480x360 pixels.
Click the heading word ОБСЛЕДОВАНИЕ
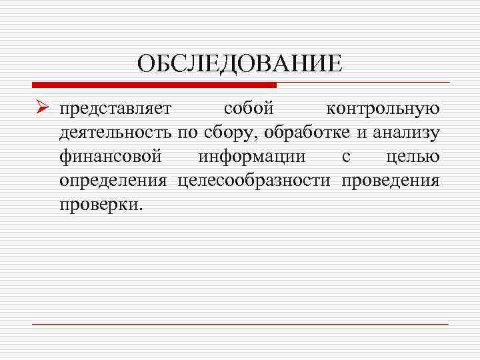click(239, 64)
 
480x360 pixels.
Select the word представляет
click(115, 109)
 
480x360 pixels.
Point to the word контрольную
click(383, 109)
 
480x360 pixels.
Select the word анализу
click(405, 133)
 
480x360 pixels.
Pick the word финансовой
click(110, 157)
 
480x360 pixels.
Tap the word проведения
click(390, 181)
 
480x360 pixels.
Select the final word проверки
click(100, 205)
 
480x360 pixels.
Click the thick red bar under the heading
click(154, 85)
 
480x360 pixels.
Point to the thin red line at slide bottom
click(240, 324)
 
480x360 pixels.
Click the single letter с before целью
click(345, 157)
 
